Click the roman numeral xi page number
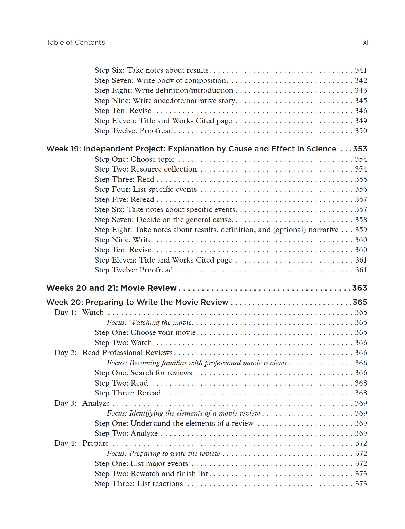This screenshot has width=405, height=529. point(366,43)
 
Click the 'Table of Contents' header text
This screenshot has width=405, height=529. point(75,43)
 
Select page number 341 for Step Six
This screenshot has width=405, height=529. point(361,70)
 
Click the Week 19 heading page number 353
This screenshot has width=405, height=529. point(360,149)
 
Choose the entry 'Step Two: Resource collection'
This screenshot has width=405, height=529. point(145,169)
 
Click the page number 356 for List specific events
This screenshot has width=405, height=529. point(361,189)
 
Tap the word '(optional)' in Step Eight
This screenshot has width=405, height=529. point(290,230)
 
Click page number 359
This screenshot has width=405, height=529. point(361,230)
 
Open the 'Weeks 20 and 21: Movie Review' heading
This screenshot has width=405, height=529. point(111,288)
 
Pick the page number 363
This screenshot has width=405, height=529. point(360,288)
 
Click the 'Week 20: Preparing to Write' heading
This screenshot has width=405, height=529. point(137,302)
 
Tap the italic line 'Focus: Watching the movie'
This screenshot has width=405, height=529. point(150,323)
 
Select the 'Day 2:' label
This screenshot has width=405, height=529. point(65,353)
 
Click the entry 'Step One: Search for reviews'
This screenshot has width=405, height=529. point(143,373)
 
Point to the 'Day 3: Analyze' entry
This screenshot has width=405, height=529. point(82,403)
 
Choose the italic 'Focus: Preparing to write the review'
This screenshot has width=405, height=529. point(163,454)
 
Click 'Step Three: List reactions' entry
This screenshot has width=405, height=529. point(139,484)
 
